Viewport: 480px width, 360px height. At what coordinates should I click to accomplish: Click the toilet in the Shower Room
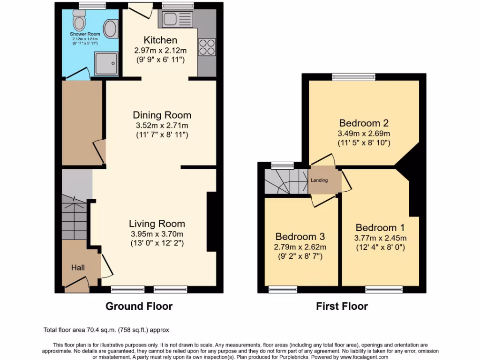tap(79, 20)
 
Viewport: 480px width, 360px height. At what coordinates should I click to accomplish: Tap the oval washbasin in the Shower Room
tap(111, 28)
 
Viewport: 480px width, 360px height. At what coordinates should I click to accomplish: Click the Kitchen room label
tap(160, 40)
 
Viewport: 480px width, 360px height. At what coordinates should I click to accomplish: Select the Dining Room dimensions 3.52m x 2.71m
tap(162, 125)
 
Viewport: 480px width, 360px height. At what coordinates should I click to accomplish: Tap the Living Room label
tap(157, 224)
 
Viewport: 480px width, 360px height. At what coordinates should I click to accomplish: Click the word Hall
tap(78, 267)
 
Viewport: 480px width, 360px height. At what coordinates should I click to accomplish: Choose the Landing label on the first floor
tap(322, 180)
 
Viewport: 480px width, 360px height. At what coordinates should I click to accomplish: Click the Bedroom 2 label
tap(364, 123)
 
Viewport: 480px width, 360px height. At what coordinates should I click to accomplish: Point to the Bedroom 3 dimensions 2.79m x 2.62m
tap(300, 247)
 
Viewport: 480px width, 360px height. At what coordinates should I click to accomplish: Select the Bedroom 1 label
tap(380, 228)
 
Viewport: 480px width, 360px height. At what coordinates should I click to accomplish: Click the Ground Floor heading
tap(139, 306)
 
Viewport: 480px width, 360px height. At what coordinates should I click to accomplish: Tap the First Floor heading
tap(342, 306)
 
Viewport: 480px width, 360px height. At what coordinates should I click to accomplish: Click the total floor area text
tap(109, 330)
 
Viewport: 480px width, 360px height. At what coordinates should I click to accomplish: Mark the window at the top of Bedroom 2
tap(354, 76)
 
